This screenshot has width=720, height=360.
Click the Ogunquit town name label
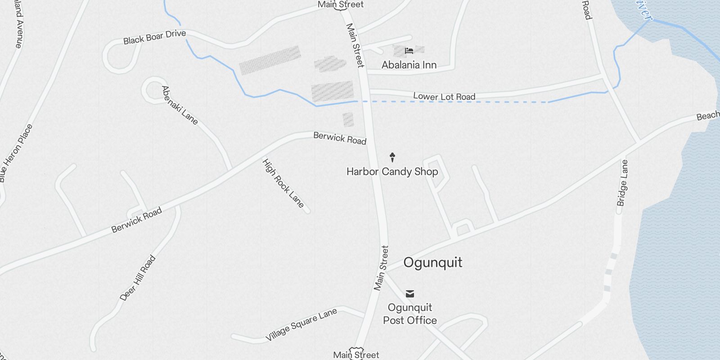[432, 262]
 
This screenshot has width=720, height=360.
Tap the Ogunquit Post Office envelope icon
[410, 294]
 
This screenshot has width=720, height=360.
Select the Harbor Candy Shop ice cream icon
[392, 157]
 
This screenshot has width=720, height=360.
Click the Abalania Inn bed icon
[409, 51]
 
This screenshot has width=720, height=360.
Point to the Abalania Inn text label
[409, 65]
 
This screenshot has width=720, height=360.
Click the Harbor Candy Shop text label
[392, 171]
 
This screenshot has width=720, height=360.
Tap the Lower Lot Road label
[444, 96]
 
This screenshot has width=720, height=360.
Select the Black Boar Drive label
[154, 37]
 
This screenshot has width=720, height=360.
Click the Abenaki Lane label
[180, 105]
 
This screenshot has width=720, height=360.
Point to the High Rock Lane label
[283, 183]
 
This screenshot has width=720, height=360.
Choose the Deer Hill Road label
[138, 278]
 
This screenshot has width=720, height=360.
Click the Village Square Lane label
[301, 325]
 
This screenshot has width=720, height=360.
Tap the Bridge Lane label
[622, 183]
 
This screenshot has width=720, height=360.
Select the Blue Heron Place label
[16, 153]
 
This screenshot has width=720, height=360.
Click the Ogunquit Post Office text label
[410, 314]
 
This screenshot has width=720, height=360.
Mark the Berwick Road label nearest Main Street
[340, 138]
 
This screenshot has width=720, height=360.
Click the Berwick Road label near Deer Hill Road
[136, 220]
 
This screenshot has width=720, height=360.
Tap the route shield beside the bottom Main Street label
[356, 350]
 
